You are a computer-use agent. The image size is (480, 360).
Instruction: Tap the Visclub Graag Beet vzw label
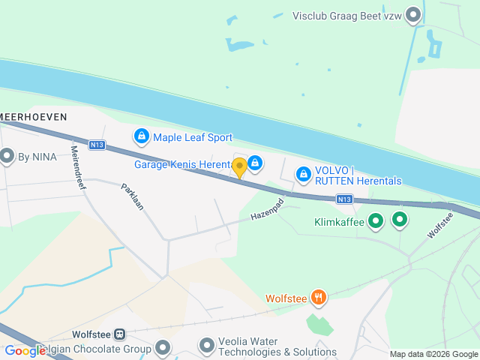[x=346, y=15]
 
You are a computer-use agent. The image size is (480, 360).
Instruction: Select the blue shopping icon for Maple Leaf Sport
[x=141, y=136]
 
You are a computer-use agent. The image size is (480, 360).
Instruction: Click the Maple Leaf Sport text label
[x=193, y=137]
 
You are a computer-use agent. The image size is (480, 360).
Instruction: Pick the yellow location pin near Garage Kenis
[x=239, y=167]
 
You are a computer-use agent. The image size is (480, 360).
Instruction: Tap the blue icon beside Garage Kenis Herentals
[x=255, y=163]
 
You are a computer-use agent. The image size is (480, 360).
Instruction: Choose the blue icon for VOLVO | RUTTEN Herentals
[x=303, y=174]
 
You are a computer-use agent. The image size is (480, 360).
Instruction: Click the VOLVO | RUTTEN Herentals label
[x=358, y=175]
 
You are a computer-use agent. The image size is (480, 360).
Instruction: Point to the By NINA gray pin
[x=7, y=157]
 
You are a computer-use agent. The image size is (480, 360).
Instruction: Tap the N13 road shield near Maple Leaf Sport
[x=95, y=145]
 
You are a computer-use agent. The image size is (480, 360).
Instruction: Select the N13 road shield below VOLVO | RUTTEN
[x=344, y=199]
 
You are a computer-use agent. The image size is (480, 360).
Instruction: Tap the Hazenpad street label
[x=268, y=210]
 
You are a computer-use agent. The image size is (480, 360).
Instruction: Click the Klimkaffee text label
[x=338, y=221]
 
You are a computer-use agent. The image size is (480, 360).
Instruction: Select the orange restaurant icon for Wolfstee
[x=319, y=298]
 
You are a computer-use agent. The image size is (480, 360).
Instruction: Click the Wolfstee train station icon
[x=121, y=334]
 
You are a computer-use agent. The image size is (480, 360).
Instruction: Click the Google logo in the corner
[x=25, y=350]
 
